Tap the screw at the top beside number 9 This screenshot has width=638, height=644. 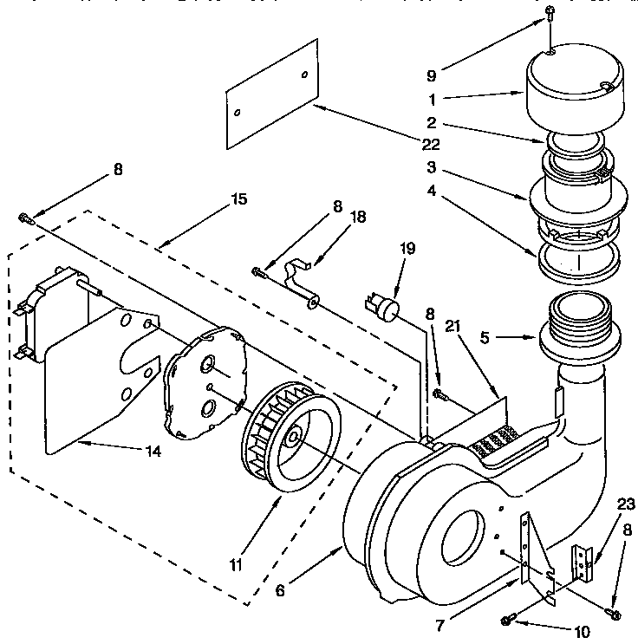[x=550, y=11]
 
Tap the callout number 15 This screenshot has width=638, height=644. [x=239, y=199]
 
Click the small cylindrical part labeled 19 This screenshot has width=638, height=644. [x=382, y=307]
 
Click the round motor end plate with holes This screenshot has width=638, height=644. [x=205, y=384]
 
